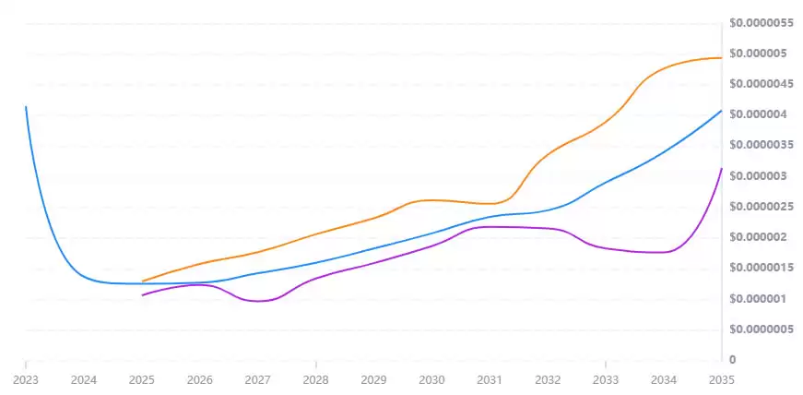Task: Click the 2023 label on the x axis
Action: [x=26, y=379]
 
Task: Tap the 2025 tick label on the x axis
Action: [x=142, y=379]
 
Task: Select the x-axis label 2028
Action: [x=315, y=379]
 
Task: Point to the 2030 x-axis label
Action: [x=431, y=379]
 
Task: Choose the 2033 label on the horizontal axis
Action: [x=605, y=379]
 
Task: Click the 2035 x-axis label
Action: [x=721, y=379]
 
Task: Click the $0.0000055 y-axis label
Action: [x=762, y=23]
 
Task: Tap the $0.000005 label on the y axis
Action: [x=760, y=54]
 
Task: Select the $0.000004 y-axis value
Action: [x=760, y=114]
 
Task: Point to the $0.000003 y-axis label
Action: [x=760, y=176]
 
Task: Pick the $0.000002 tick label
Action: [x=760, y=237]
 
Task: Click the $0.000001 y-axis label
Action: [x=760, y=298]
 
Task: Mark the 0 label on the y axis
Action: [x=732, y=359]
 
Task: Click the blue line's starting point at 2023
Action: [x=26, y=107]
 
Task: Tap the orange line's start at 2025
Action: [x=142, y=281]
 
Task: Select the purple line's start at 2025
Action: [x=142, y=295]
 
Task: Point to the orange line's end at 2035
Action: [x=721, y=58]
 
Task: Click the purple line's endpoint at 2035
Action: [x=721, y=169]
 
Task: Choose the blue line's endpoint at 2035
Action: [x=721, y=111]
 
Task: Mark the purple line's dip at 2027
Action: [x=257, y=301]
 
